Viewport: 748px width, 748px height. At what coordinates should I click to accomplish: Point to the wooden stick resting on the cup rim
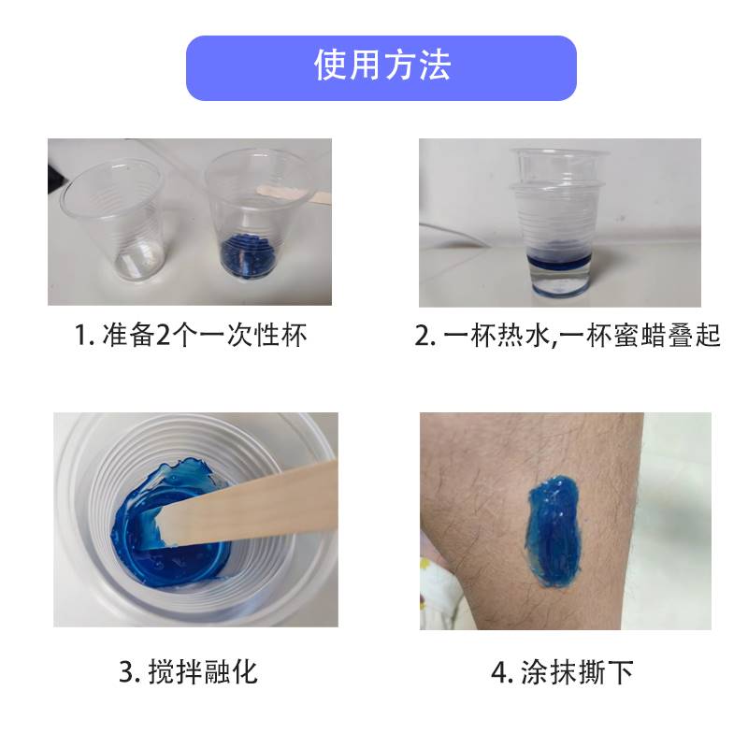(280, 194)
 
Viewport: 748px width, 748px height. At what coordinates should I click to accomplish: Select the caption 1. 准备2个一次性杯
(190, 335)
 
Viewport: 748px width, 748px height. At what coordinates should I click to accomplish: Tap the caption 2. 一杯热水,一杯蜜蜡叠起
(568, 335)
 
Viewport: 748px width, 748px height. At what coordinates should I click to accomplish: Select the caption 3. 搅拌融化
(190, 670)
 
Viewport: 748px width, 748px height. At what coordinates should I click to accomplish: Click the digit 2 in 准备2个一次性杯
(165, 335)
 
